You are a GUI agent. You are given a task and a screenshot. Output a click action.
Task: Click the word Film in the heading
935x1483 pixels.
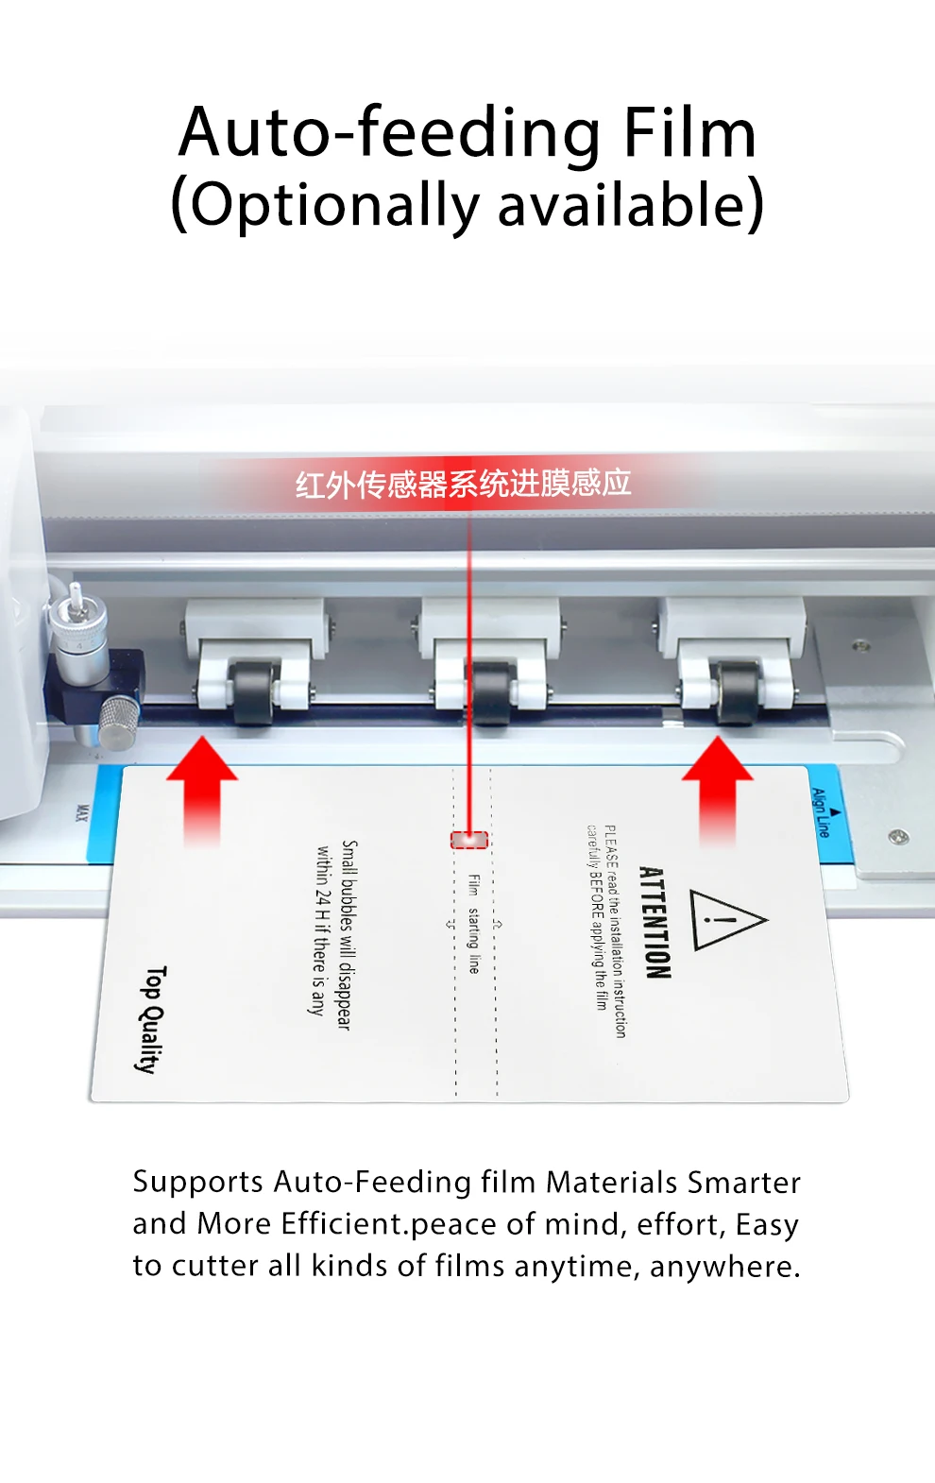[x=689, y=133]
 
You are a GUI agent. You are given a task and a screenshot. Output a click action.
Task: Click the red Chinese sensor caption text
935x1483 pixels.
[x=463, y=484]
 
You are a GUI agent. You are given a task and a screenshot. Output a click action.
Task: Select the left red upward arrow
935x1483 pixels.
[x=201, y=789]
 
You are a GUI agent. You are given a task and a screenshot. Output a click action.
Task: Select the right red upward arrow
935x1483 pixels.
[x=718, y=789]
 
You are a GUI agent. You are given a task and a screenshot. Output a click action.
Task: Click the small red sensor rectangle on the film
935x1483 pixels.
[x=469, y=840]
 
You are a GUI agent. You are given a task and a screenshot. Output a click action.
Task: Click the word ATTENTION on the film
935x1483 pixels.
[x=655, y=922]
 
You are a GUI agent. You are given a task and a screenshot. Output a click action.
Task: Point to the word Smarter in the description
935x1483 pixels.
[x=744, y=1183]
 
